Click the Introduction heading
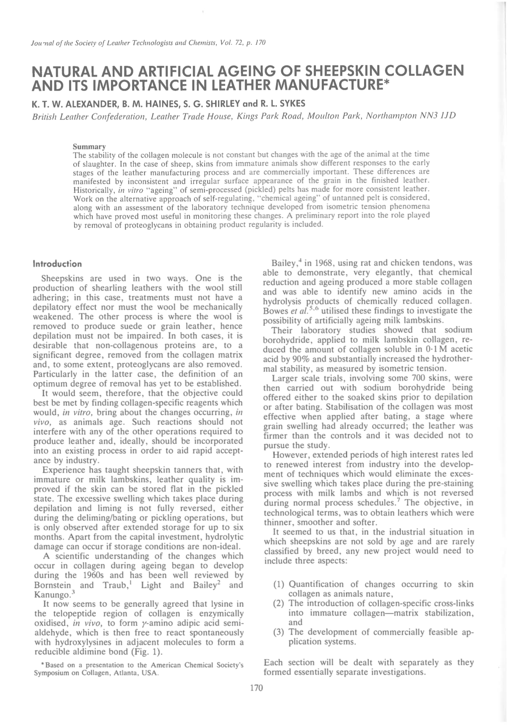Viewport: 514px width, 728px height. point(57,264)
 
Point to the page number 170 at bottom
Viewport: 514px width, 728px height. point(257,688)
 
